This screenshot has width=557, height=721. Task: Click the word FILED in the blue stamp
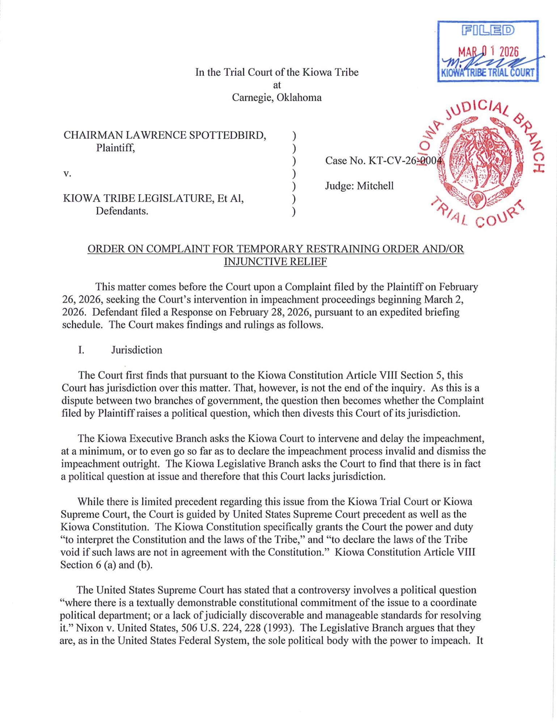click(x=488, y=30)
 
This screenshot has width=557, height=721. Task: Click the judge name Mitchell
click(x=375, y=186)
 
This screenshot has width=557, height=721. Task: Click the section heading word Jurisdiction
click(x=136, y=350)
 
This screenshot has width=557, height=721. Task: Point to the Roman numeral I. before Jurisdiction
click(x=81, y=350)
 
